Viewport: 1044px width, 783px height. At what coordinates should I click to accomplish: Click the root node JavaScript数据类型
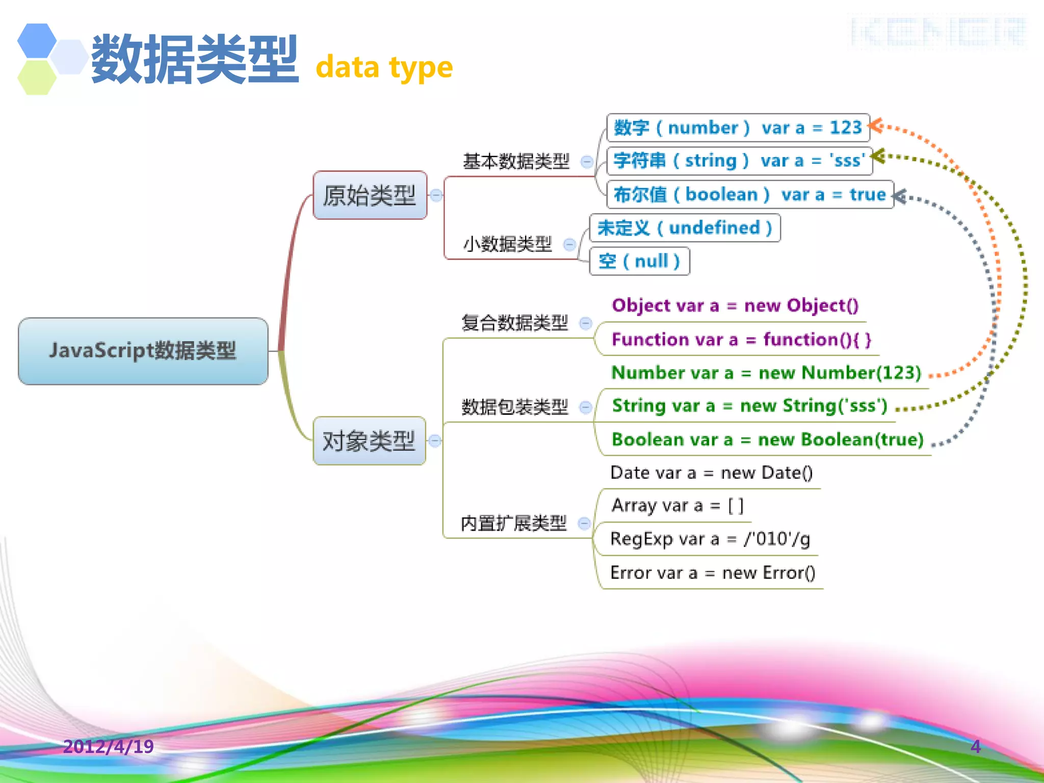point(143,351)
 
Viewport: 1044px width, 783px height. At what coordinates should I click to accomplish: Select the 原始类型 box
point(370,195)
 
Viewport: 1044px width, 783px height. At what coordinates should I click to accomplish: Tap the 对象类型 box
point(369,441)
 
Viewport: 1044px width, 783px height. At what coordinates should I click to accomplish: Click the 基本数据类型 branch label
point(515,162)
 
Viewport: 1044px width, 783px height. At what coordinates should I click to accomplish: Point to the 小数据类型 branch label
point(507,244)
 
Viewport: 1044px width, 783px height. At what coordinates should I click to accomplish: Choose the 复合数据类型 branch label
point(514,323)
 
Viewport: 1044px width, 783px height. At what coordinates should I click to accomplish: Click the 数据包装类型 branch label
point(514,407)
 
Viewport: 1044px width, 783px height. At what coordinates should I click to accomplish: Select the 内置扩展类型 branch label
point(513,523)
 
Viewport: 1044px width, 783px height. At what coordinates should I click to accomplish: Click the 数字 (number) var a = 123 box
point(737,127)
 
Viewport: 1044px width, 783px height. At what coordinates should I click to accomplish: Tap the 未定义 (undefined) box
point(684,228)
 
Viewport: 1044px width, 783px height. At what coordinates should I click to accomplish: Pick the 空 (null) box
point(639,262)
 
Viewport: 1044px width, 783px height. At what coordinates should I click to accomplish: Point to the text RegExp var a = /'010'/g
point(710,539)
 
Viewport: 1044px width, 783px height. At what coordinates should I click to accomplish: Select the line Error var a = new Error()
point(713,573)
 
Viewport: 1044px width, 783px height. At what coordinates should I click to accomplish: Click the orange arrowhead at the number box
point(876,125)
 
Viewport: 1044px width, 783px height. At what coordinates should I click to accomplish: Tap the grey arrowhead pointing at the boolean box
point(900,196)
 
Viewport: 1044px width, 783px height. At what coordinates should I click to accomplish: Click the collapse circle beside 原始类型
point(436,195)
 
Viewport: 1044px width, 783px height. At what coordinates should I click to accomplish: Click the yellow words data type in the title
point(384,68)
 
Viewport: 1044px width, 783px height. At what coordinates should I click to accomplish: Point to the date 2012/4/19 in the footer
point(108,746)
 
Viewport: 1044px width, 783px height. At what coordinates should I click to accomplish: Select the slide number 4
point(975,746)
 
